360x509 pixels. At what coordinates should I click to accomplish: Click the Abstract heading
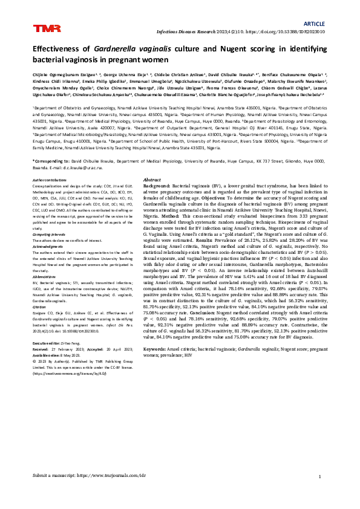click(151, 180)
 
